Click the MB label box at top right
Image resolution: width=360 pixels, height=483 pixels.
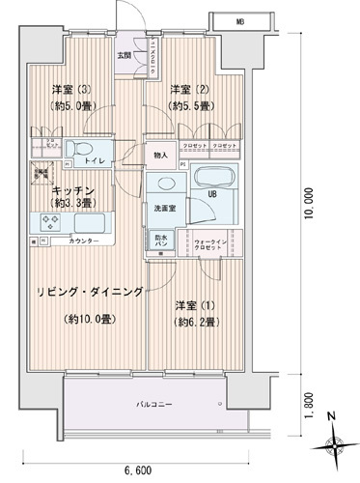(x=239, y=18)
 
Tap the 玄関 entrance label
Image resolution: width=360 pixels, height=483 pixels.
(x=125, y=54)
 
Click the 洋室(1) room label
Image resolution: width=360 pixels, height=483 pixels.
(x=191, y=306)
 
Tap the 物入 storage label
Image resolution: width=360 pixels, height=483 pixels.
(x=159, y=155)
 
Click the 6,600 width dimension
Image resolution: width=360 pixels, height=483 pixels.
(x=137, y=469)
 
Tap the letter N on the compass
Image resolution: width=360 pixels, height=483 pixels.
(x=331, y=416)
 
